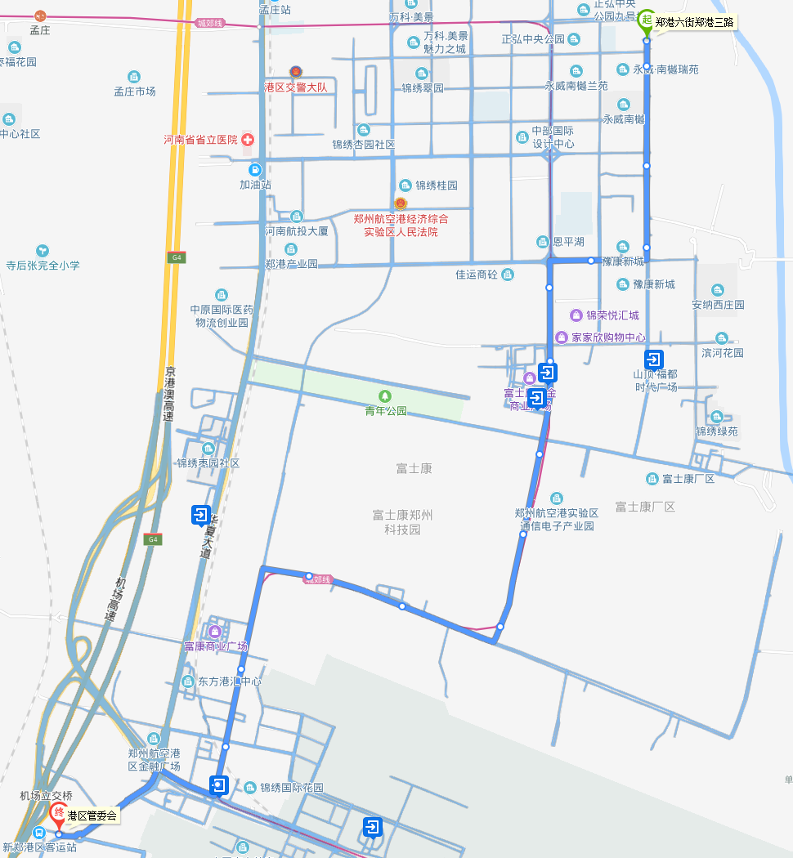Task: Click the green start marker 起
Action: pos(646,20)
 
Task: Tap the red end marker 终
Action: pos(59,812)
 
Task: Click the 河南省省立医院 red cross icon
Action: pos(248,140)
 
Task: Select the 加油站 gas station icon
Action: pos(255,170)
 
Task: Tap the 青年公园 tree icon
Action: pos(386,396)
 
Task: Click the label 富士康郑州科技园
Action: pos(402,521)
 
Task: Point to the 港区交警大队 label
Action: pos(295,87)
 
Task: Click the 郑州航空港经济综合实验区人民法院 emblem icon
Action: pos(401,203)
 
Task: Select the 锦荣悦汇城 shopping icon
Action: pos(576,315)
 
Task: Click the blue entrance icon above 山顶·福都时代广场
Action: pos(654,359)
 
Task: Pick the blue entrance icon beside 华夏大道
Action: pos(200,514)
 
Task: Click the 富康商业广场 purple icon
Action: pos(215,631)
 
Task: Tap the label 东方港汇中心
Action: pos(230,681)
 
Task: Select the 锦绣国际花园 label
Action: pos(291,788)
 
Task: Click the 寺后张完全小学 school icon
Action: pos(43,250)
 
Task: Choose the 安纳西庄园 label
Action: pos(718,305)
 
